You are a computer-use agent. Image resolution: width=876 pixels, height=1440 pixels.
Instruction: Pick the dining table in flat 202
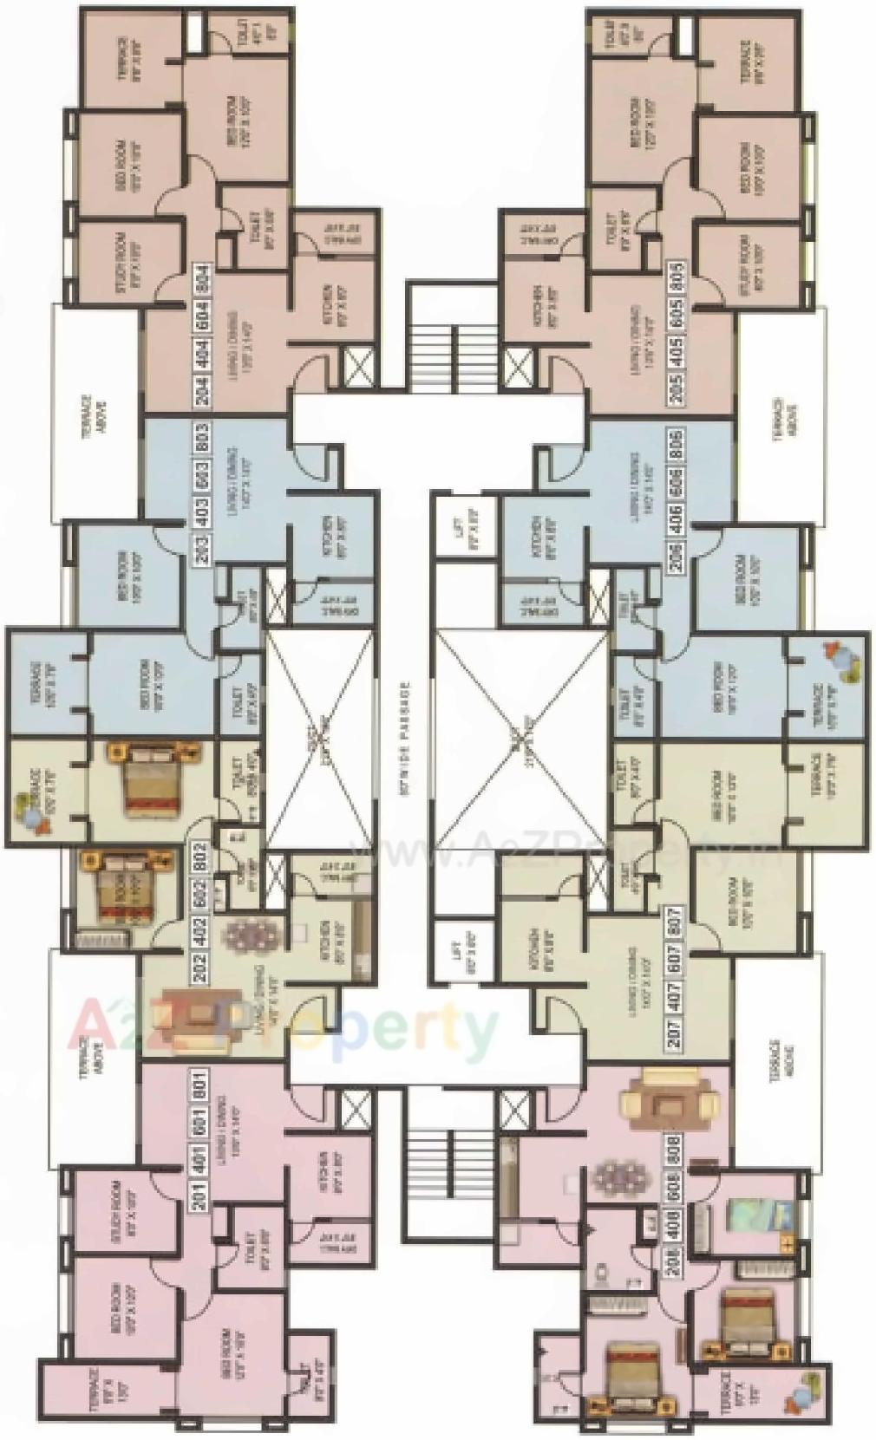(252, 936)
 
